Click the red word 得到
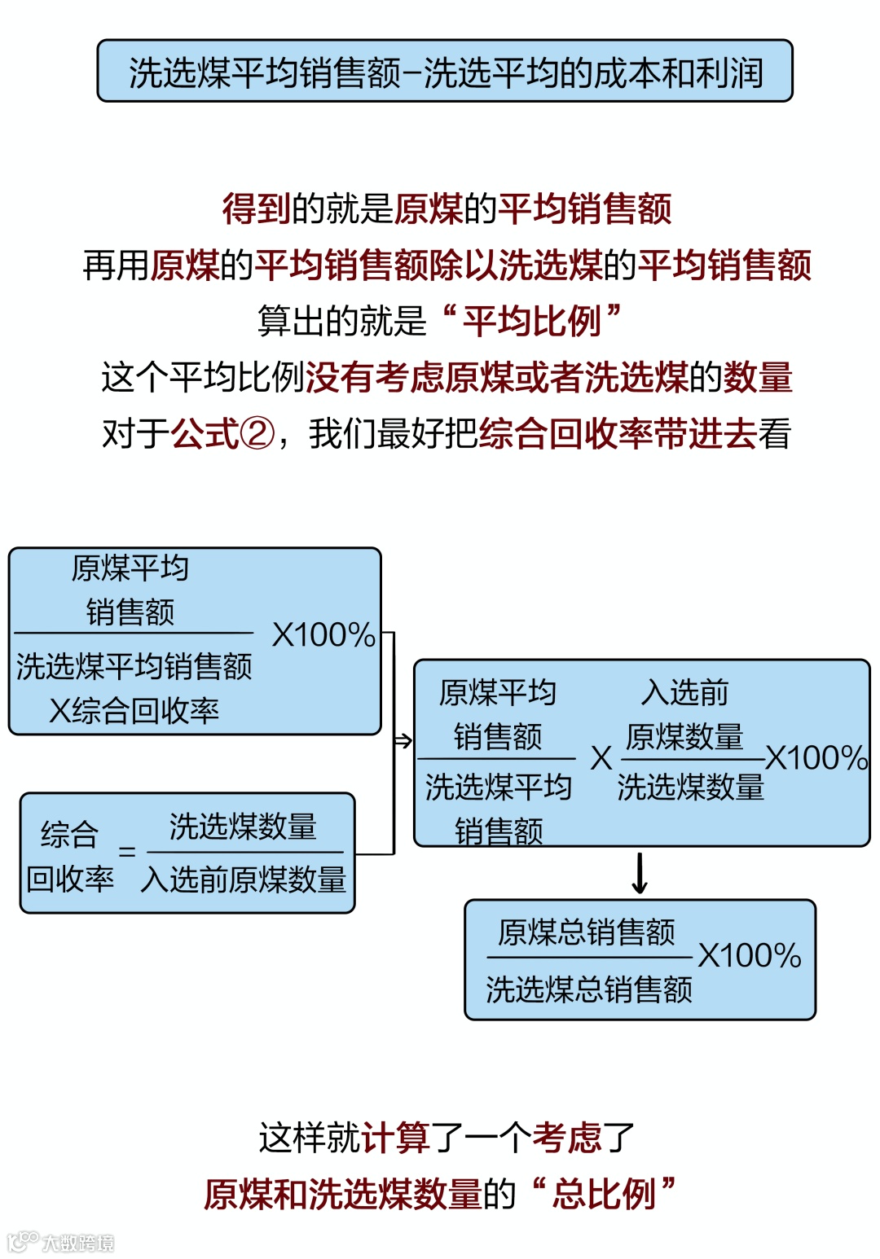point(256,208)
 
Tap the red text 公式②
point(222,433)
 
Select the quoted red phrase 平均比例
point(531,321)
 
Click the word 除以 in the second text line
point(463,265)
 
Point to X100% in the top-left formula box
point(323,635)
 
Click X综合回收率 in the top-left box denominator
point(134,711)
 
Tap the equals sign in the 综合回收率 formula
point(127,852)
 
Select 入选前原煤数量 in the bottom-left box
point(244,880)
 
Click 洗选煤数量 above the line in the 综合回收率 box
point(243,827)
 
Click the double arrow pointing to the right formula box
point(403,740)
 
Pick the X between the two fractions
point(601,758)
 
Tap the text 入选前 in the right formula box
point(684,692)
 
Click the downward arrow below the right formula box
point(640,873)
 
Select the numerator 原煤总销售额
point(587,932)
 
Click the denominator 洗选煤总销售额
point(588,989)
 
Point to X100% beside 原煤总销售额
point(750,956)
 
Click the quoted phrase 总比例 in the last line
point(604,1194)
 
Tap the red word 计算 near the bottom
point(396,1138)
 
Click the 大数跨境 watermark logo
point(61,1242)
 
